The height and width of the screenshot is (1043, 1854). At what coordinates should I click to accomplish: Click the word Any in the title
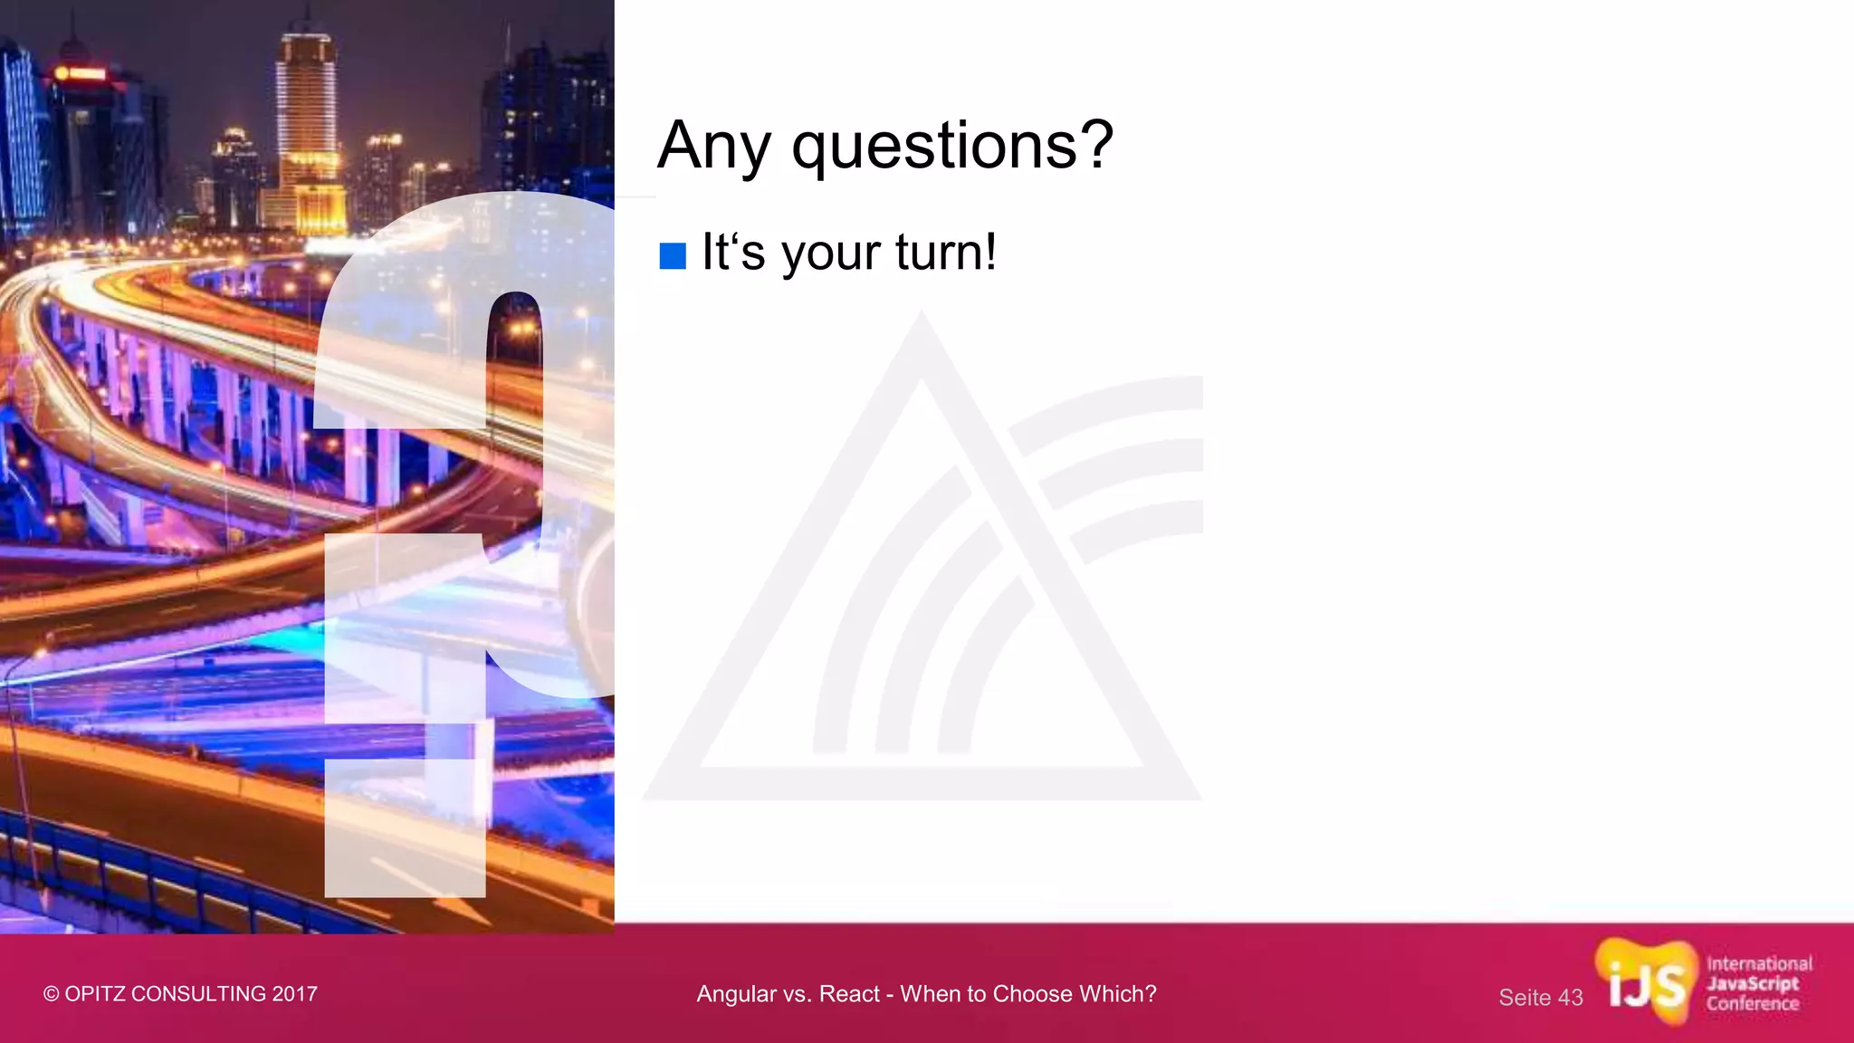pyautogui.click(x=713, y=147)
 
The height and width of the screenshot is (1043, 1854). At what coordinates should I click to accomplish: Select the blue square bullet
pyautogui.click(x=673, y=256)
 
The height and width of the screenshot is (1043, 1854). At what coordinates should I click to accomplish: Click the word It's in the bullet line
pyautogui.click(x=733, y=252)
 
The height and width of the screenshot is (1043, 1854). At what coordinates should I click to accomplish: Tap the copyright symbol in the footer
pyautogui.click(x=51, y=994)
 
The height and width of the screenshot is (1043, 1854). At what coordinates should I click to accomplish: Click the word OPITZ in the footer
pyautogui.click(x=95, y=994)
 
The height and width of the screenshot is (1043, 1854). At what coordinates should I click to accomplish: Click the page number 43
pyautogui.click(x=1571, y=998)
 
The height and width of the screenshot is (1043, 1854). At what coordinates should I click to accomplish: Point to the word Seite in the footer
pyautogui.click(x=1525, y=998)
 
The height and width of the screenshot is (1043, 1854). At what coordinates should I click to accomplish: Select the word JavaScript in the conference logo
pyautogui.click(x=1753, y=984)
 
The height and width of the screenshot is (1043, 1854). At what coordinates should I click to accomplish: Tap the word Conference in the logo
pyautogui.click(x=1753, y=1004)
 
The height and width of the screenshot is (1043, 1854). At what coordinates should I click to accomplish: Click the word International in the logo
pyautogui.click(x=1759, y=964)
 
